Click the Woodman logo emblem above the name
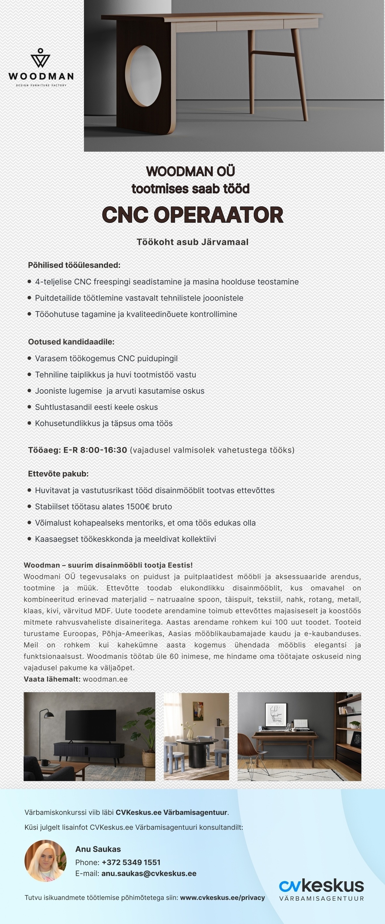point(40,58)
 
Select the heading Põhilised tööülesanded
point(74,265)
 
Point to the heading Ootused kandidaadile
point(71,342)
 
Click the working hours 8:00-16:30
point(104,450)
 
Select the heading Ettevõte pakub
point(58,474)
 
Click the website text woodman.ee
point(105,679)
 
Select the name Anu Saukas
point(98,849)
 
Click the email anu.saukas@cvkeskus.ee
point(149,874)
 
